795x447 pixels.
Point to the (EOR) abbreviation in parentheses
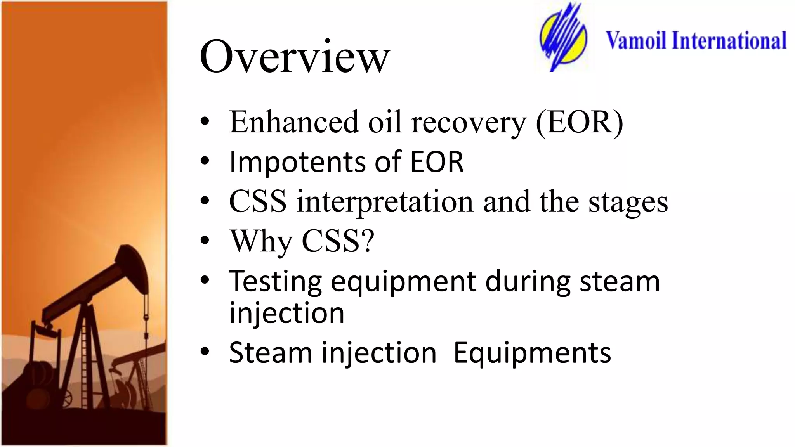click(x=579, y=123)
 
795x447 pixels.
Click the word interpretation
click(x=385, y=202)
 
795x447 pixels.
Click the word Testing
click(x=275, y=281)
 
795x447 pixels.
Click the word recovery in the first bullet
click(x=468, y=123)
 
